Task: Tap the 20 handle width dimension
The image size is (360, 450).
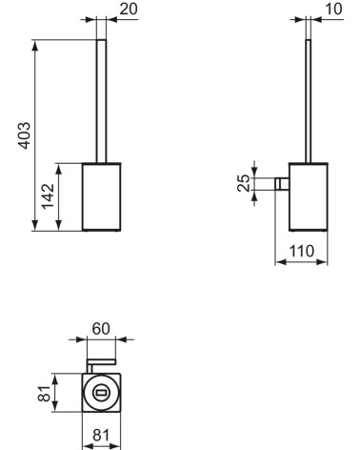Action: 127,9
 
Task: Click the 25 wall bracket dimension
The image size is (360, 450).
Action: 244,182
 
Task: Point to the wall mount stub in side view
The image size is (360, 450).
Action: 282,183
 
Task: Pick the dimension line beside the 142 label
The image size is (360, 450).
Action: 60,195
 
